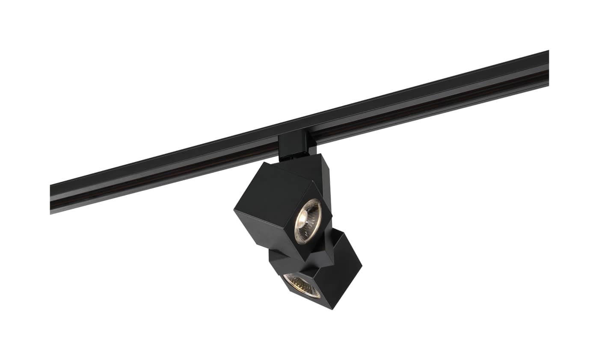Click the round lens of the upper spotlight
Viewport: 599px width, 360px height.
click(x=308, y=221)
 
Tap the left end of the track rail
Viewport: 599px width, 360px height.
click(x=52, y=199)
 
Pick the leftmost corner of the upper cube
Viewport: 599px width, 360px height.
click(x=234, y=209)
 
